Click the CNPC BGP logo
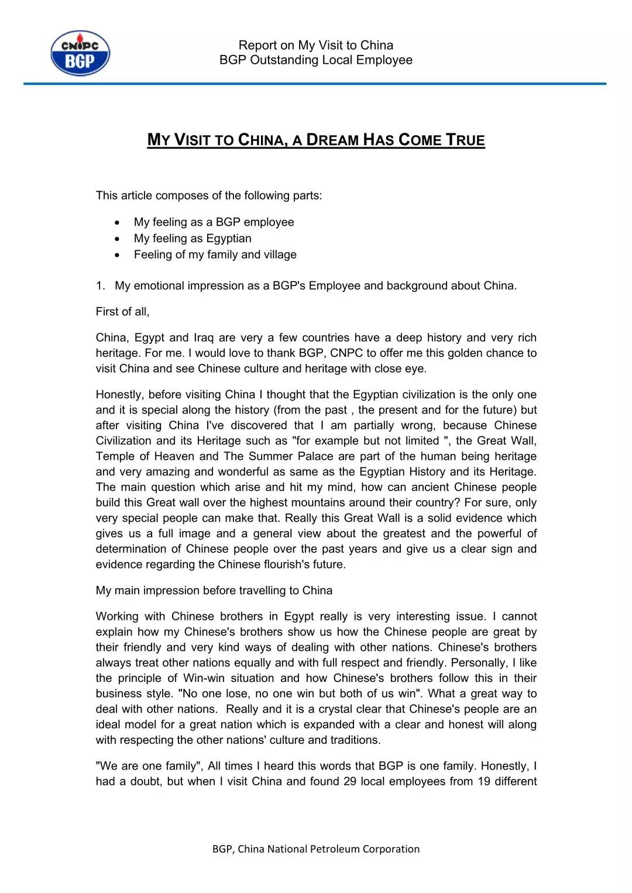click(x=80, y=53)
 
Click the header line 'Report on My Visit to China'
click(x=315, y=45)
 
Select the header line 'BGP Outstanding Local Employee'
click(x=315, y=60)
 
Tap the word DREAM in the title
click(x=332, y=140)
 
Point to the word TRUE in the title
click(x=465, y=140)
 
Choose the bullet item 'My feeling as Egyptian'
click(x=193, y=238)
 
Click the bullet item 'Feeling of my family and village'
click(x=215, y=254)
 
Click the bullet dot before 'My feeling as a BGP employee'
click(x=118, y=222)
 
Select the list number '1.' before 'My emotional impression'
click(x=101, y=286)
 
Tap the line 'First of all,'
click(x=122, y=312)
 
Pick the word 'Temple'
click(x=115, y=456)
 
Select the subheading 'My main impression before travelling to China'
click(x=214, y=590)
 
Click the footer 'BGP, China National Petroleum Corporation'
click(x=315, y=849)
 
